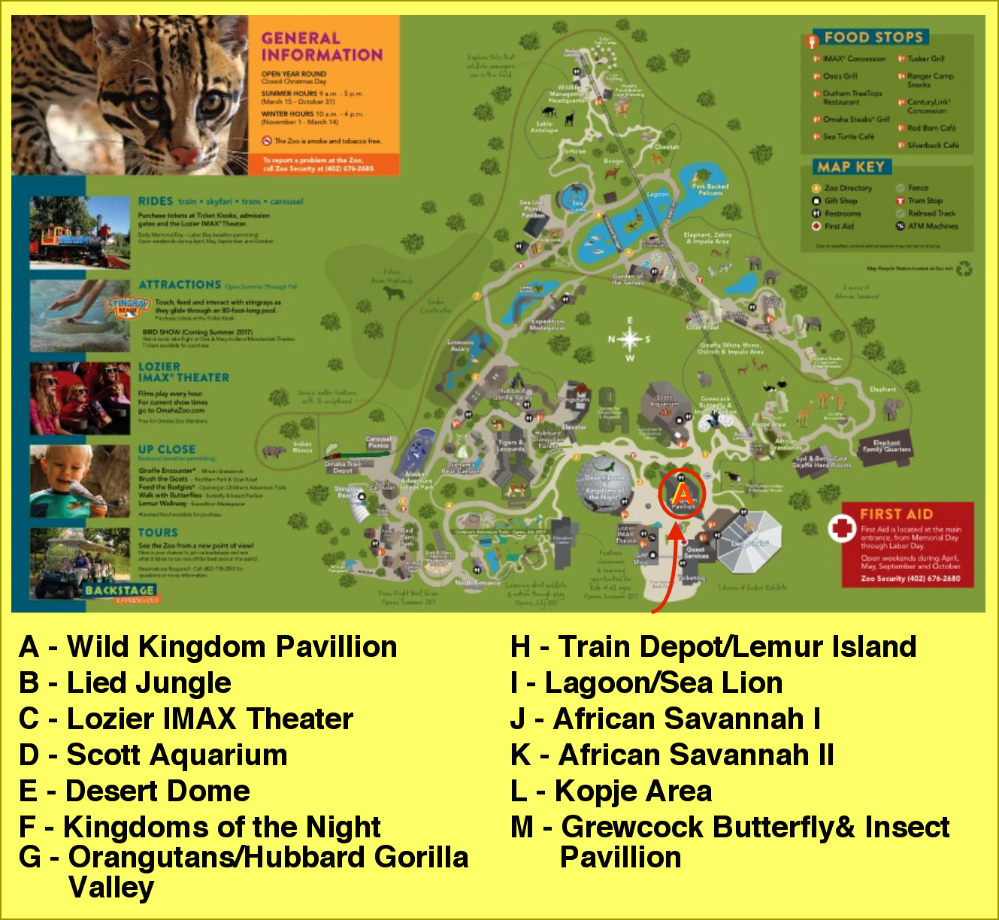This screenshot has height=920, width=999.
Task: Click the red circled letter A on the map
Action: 682,494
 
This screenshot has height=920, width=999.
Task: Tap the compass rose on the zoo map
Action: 630,339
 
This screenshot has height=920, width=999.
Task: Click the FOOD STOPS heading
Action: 873,38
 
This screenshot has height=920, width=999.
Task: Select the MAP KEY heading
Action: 851,167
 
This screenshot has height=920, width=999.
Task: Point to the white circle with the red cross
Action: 842,528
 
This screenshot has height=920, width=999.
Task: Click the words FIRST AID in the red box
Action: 896,514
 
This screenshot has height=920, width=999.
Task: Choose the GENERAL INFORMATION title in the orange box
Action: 322,47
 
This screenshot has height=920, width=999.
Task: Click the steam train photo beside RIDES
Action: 80,232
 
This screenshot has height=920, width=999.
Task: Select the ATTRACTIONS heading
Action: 180,285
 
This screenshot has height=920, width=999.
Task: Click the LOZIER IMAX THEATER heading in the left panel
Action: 183,372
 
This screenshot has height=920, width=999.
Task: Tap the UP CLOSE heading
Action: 166,449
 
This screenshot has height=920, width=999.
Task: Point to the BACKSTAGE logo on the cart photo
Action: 120,591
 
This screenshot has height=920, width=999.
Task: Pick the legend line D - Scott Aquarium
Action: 153,755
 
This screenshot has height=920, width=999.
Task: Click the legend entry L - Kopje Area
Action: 610,791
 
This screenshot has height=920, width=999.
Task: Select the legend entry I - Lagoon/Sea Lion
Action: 646,682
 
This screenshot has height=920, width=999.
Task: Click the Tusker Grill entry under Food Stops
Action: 925,59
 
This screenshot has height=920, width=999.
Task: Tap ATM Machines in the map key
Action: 932,226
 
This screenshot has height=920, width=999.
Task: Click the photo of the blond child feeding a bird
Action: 80,481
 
